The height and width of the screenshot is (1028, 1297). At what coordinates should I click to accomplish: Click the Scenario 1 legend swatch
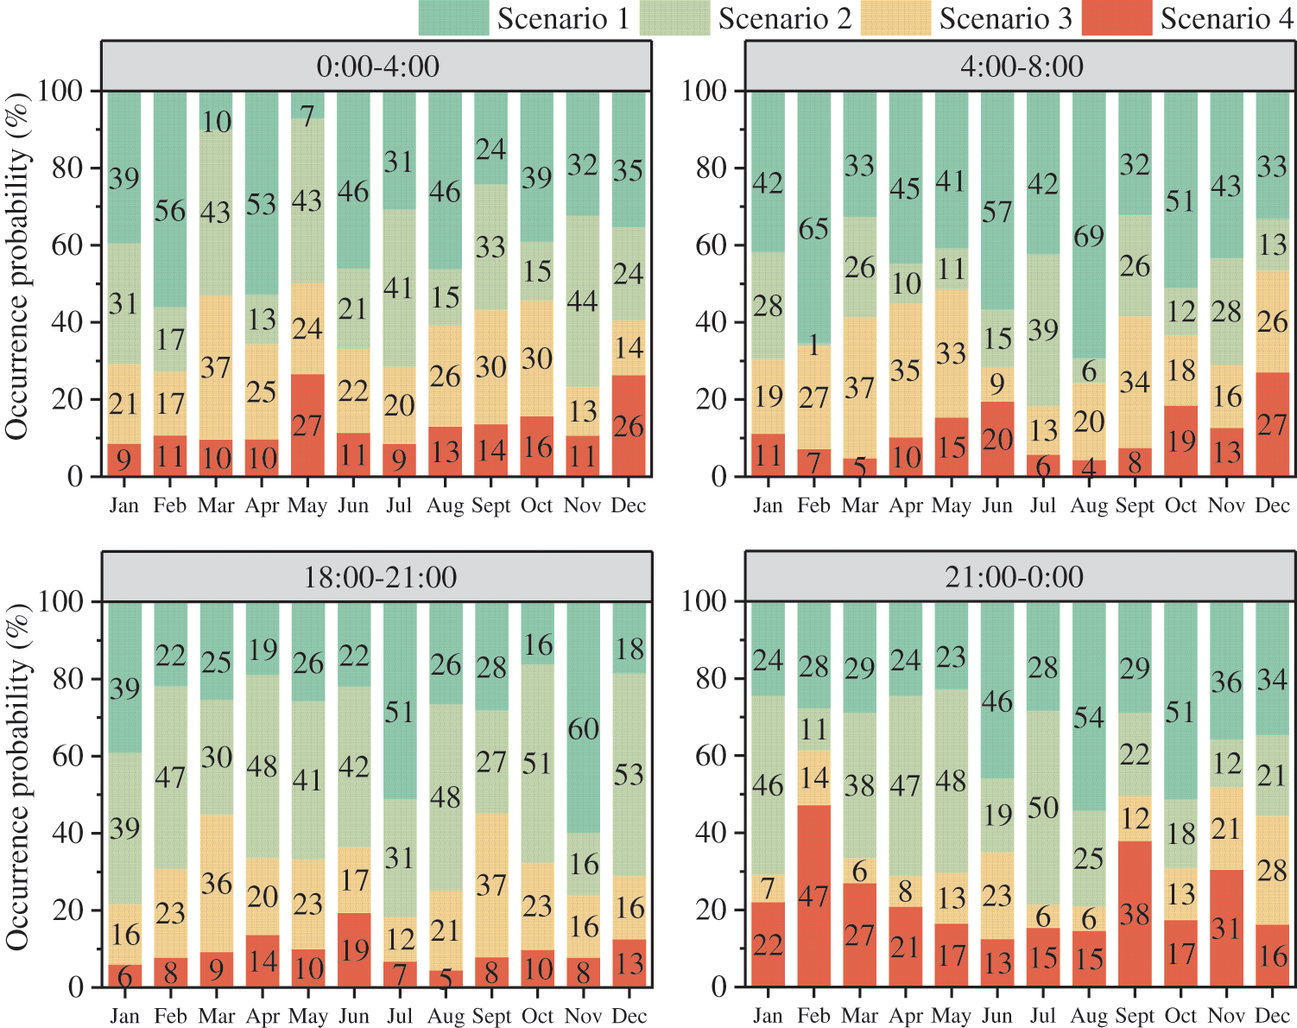click(453, 18)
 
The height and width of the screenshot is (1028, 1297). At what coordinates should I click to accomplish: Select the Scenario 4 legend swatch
click(1117, 18)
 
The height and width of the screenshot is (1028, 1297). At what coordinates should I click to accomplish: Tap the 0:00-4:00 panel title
click(377, 67)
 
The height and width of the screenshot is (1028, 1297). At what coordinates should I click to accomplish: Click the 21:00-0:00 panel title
click(1014, 577)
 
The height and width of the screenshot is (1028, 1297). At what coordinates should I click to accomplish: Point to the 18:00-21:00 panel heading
click(379, 577)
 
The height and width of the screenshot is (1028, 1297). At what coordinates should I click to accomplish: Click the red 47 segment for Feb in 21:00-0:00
click(813, 896)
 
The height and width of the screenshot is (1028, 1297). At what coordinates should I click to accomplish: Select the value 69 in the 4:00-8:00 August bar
click(1089, 236)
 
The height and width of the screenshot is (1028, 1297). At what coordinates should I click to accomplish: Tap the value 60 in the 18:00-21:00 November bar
click(583, 729)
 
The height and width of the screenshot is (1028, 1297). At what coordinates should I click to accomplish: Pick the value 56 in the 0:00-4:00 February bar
click(170, 211)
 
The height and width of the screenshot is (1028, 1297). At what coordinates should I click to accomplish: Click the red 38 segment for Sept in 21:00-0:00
click(1135, 914)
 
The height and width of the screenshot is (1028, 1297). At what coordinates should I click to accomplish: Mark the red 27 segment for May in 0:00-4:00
click(307, 425)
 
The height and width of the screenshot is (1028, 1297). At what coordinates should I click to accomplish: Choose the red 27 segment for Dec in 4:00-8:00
click(1272, 425)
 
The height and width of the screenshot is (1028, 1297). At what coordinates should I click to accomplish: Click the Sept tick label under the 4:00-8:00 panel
click(1135, 506)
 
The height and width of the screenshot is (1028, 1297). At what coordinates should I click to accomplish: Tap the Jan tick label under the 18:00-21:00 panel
click(124, 1016)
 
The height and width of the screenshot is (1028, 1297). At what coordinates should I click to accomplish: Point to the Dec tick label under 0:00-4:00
click(628, 506)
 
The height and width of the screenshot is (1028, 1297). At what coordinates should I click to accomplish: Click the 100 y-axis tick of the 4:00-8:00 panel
click(704, 91)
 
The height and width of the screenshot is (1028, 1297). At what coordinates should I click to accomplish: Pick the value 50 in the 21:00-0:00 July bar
click(1043, 809)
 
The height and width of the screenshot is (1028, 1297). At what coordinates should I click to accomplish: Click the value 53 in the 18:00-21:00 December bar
click(629, 775)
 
